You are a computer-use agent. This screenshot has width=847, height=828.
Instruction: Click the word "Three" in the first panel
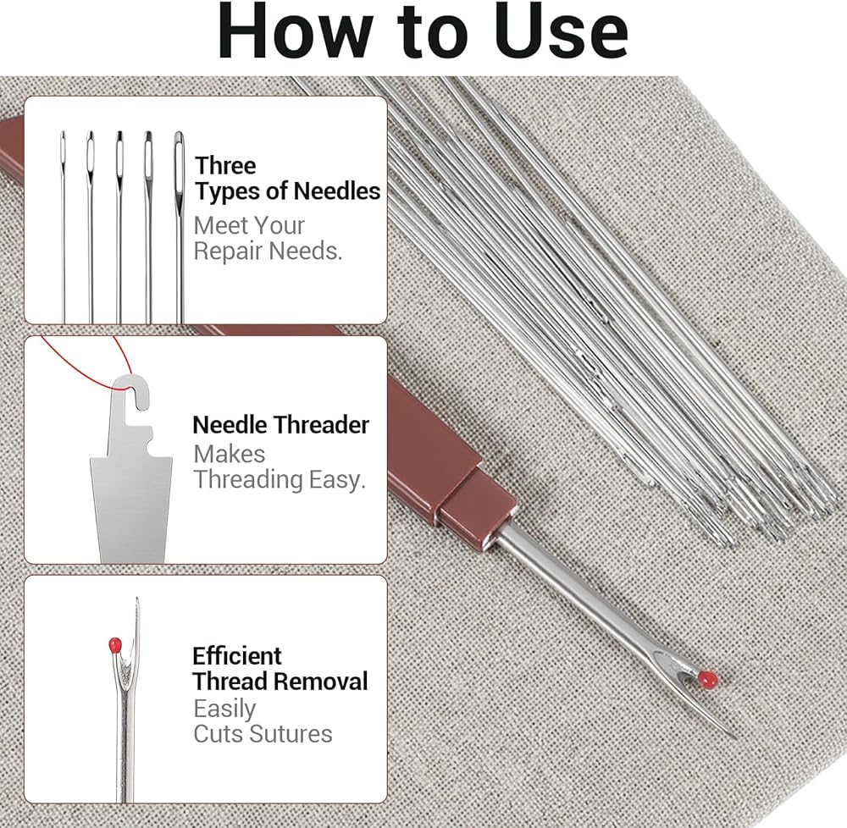click(x=225, y=166)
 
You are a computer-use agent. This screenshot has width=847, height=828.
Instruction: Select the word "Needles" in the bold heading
click(x=337, y=191)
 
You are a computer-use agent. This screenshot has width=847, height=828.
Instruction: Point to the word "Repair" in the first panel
click(x=228, y=251)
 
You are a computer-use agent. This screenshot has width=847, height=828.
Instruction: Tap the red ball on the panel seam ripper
click(x=115, y=644)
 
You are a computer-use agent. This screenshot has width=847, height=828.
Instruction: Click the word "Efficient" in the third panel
click(x=236, y=656)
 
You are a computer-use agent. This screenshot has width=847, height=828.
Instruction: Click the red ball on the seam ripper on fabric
click(x=707, y=679)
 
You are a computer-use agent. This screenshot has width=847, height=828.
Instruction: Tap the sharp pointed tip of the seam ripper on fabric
click(x=736, y=737)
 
